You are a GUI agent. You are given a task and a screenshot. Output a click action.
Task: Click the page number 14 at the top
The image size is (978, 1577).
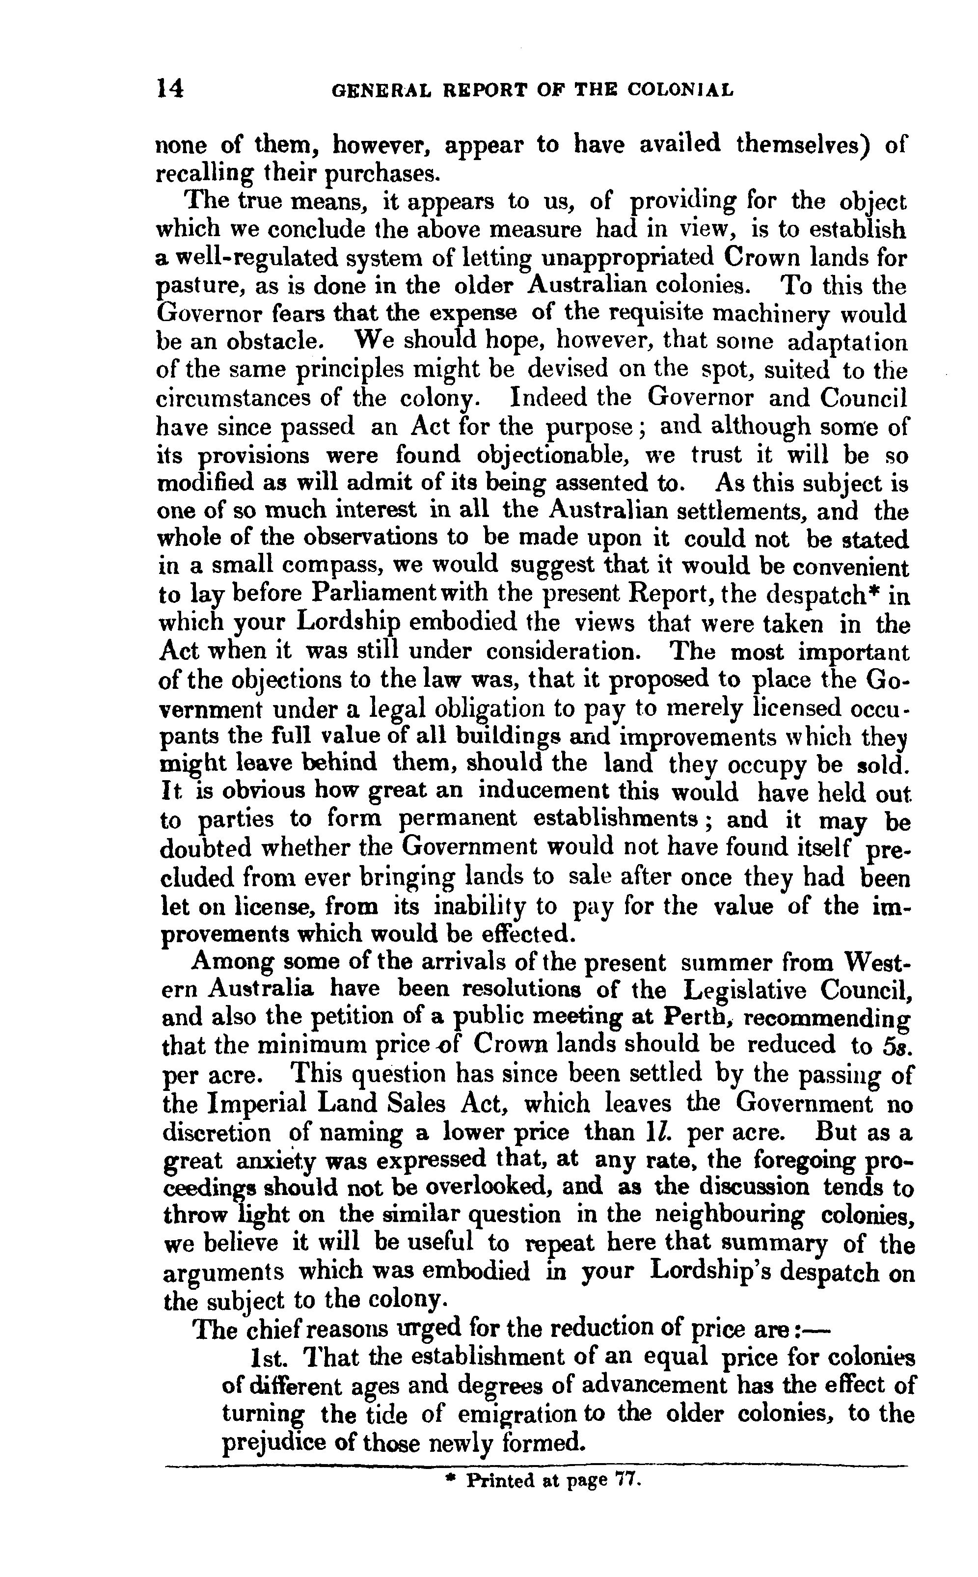[170, 88]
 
